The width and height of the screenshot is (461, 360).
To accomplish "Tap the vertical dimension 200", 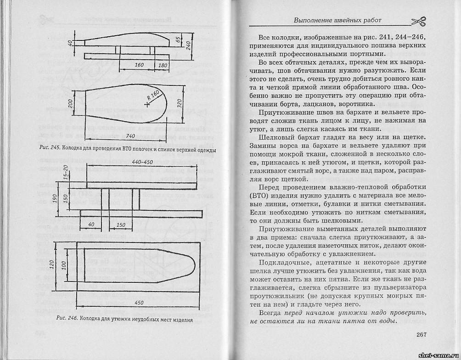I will coord(71,103).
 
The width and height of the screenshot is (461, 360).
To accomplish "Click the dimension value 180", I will coord(163,66).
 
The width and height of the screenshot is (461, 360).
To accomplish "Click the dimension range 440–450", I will coord(142,162).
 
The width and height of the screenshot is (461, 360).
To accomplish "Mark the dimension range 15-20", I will coord(66,172).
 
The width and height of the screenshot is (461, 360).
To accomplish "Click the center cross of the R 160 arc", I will coord(146,105).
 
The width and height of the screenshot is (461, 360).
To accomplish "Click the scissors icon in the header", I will coord(418,21).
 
